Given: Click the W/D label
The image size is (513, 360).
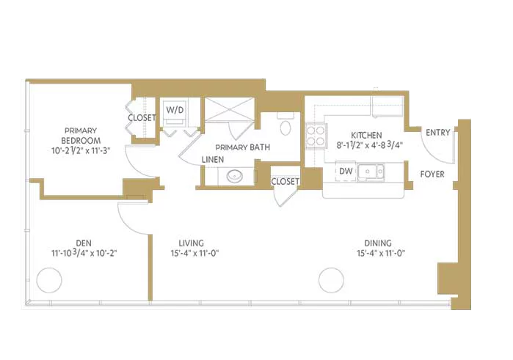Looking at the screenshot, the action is click(175, 110).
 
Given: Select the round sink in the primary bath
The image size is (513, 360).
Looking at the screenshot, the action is click(235, 176).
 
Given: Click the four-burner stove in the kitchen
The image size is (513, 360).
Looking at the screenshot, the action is click(316, 136).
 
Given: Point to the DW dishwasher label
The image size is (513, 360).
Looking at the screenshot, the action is click(346, 171).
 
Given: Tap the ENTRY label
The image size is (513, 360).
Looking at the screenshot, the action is click(437, 133).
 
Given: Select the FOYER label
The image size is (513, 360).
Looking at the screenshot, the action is click(432, 174).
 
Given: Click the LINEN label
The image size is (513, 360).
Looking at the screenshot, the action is click(213, 160).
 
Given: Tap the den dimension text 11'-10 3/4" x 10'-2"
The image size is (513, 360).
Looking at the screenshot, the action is click(84, 253).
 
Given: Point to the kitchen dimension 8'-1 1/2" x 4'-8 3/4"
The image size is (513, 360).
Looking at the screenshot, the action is click(369, 145).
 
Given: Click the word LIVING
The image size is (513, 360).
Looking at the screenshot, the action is click(191, 243).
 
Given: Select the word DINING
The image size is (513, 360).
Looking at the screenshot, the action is click(378, 243).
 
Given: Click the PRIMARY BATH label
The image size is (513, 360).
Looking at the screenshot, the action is click(243, 147).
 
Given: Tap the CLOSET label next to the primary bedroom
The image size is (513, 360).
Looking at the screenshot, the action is click(142, 118).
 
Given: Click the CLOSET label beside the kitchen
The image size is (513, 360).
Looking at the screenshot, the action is click(285, 181).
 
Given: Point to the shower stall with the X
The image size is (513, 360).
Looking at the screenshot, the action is click(229, 109).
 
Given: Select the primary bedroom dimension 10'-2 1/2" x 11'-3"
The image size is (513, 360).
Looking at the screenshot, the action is click(81, 150).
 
